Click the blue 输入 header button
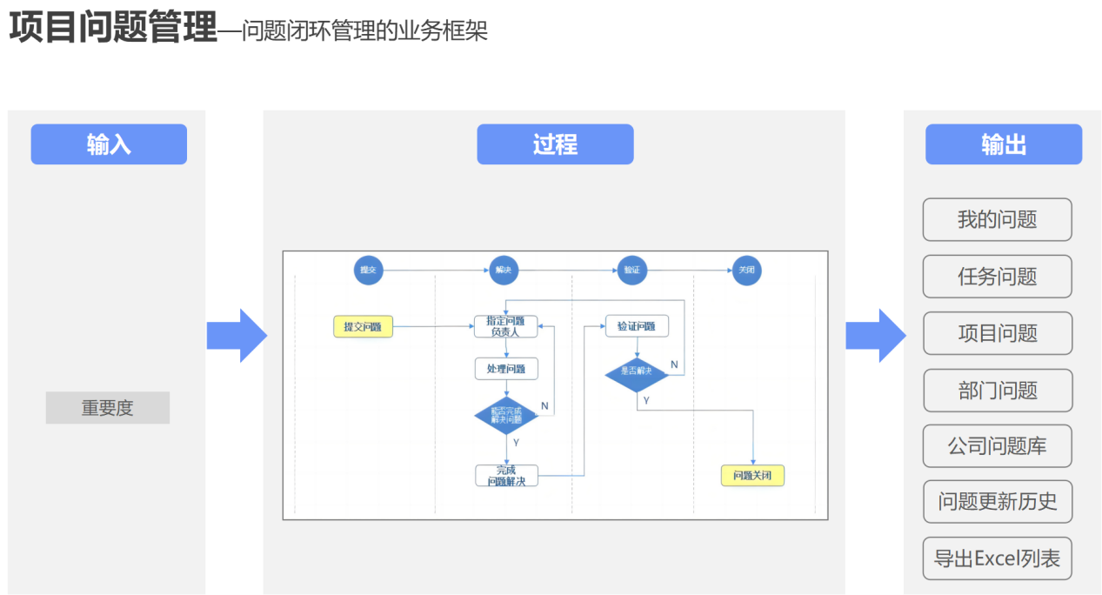(109, 144)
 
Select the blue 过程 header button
(555, 144)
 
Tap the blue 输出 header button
(1003, 144)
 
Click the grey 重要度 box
(108, 408)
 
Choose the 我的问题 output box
(997, 219)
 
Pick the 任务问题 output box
(997, 277)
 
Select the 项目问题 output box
(997, 333)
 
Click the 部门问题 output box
(997, 391)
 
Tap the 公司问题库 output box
(997, 446)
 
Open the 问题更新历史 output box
(997, 502)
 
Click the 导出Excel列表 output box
(997, 558)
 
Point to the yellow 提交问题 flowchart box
(363, 327)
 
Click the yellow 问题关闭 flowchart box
(752, 476)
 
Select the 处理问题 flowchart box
(506, 369)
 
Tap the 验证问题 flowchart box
(637, 326)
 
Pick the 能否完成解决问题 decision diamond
(506, 416)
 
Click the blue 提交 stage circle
(368, 270)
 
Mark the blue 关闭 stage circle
(746, 270)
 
